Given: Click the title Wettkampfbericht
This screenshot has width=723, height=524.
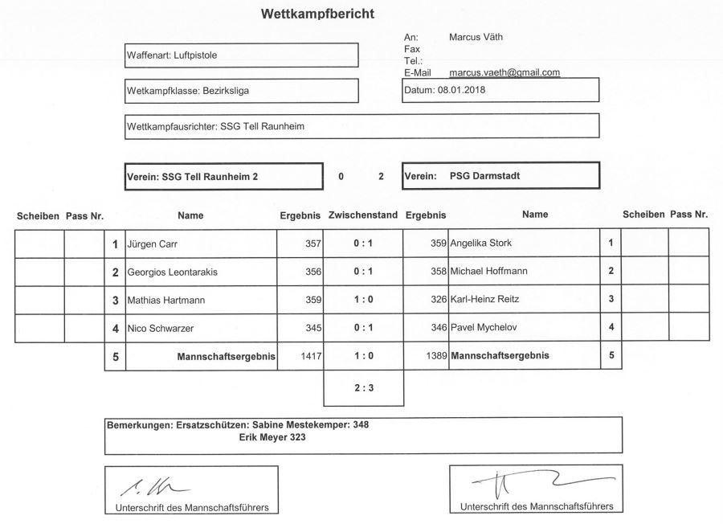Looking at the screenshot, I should (317, 14).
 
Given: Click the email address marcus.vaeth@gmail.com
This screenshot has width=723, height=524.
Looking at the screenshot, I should (504, 72).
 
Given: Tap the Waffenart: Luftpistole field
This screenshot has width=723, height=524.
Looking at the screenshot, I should (241, 55).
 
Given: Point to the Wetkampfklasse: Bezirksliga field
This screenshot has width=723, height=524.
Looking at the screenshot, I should (241, 91).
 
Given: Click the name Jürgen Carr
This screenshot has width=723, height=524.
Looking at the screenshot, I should (153, 243).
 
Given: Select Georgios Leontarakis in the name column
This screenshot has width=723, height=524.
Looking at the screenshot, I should (173, 272).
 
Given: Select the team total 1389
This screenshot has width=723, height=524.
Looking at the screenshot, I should (436, 355).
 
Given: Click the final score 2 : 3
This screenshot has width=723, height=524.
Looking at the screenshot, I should (362, 387).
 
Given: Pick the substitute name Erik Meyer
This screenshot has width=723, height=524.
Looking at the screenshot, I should (272, 438).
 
